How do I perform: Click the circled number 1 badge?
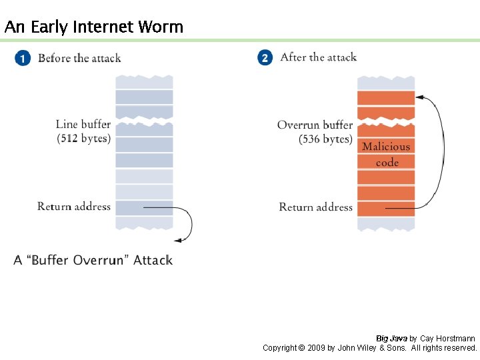[x=22, y=59]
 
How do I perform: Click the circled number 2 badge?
[x=265, y=58]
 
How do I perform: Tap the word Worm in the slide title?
[x=161, y=27]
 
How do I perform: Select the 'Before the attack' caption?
[x=79, y=58]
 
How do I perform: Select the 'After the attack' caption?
[x=319, y=57]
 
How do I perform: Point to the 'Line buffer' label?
[x=83, y=124]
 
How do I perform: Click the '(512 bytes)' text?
[x=84, y=139]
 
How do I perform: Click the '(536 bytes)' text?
[x=325, y=139]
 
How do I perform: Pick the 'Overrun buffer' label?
[x=315, y=125]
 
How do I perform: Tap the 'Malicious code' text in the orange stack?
[x=386, y=154]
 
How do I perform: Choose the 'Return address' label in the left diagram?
[x=74, y=207]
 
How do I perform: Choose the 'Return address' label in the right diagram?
[x=315, y=207]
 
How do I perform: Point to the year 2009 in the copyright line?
[x=317, y=348]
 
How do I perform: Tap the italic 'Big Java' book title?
[x=391, y=339]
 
